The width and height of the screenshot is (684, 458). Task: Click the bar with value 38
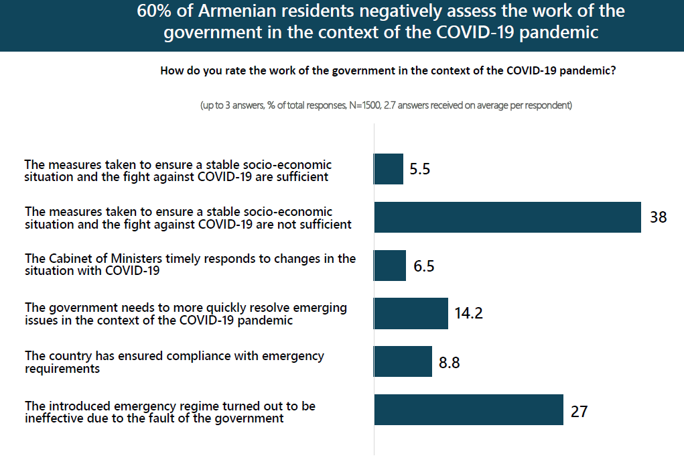click(x=507, y=217)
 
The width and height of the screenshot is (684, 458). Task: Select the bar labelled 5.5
click(x=389, y=169)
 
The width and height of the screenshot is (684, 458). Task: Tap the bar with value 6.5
click(x=390, y=266)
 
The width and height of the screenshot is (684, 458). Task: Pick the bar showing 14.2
click(x=411, y=313)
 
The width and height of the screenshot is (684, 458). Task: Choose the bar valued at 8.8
click(x=403, y=361)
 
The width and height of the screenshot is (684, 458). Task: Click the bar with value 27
click(x=468, y=410)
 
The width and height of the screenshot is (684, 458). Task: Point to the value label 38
click(x=658, y=217)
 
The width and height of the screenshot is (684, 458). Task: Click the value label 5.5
click(x=419, y=170)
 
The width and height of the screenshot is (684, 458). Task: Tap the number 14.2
click(x=468, y=313)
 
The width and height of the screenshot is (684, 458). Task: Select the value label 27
click(x=579, y=410)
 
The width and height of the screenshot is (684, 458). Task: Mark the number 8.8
click(x=449, y=362)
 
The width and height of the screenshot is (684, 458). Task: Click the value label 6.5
click(x=423, y=266)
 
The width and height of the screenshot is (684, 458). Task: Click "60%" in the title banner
click(x=155, y=12)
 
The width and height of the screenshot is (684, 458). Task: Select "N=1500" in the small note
click(x=368, y=105)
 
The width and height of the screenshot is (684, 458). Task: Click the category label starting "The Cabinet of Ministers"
click(x=190, y=264)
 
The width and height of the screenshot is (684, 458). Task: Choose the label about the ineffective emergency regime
click(x=170, y=412)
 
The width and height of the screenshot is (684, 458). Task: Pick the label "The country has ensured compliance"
click(x=174, y=362)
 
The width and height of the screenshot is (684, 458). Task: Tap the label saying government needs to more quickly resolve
click(x=186, y=313)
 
